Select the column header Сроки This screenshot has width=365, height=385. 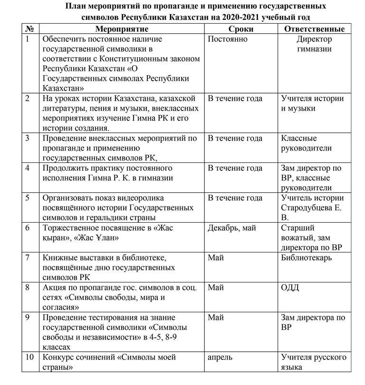(244, 29)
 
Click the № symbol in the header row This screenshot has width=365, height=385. (29, 29)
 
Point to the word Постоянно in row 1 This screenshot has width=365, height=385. (228, 39)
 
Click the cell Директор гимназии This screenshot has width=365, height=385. (314, 44)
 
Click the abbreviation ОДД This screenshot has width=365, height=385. (290, 288)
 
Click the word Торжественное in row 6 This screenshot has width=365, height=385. (69, 228)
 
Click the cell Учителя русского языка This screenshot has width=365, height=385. (313, 362)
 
